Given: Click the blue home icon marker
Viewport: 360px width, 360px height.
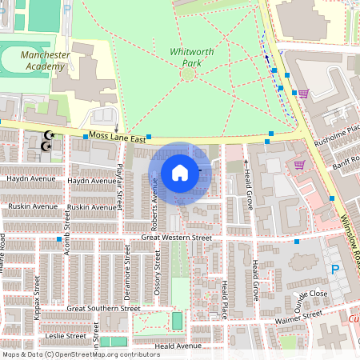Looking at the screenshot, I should tap(180, 173).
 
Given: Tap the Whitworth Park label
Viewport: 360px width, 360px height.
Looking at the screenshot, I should tap(192, 57).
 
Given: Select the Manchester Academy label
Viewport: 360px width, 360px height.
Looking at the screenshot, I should tap(46, 60).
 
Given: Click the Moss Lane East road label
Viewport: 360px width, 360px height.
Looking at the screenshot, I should tap(118, 138).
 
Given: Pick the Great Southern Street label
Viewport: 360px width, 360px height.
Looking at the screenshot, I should tap(103, 308).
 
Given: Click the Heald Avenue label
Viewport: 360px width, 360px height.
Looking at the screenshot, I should tap(178, 346).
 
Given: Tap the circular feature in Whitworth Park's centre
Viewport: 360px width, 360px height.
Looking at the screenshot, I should tap(187, 74).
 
